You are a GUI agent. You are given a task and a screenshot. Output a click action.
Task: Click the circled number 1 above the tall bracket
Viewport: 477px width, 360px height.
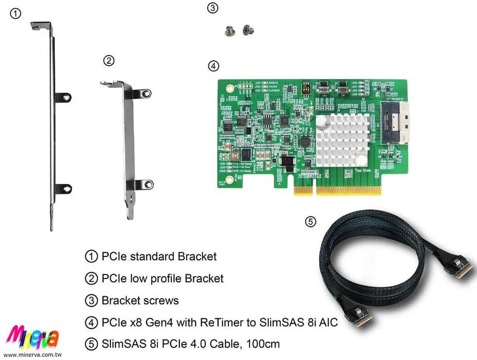tap(15, 14)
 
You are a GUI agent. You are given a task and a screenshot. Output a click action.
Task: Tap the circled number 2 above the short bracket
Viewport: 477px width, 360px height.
tap(108, 61)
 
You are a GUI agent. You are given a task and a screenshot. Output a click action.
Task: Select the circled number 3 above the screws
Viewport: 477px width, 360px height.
tap(212, 8)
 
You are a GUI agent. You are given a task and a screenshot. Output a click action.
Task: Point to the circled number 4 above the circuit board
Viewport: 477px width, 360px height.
tap(213, 66)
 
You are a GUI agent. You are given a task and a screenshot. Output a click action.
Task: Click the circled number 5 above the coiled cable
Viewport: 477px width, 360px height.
tap(310, 222)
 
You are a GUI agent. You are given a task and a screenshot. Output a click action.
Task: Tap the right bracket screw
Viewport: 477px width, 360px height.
tap(247, 30)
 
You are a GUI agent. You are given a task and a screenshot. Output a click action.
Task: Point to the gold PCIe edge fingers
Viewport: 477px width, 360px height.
tap(338, 190)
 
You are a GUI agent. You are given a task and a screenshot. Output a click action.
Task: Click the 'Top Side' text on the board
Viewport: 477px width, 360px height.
tap(363, 171)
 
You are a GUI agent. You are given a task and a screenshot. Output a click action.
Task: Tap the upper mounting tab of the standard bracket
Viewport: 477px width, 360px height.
tap(64, 97)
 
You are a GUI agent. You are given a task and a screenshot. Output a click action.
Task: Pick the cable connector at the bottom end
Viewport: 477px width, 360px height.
tap(358, 316)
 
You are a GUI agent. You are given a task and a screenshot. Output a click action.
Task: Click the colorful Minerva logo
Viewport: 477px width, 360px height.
tap(33, 337)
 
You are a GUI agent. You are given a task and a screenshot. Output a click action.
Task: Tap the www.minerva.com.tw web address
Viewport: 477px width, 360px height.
tap(32, 355)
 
